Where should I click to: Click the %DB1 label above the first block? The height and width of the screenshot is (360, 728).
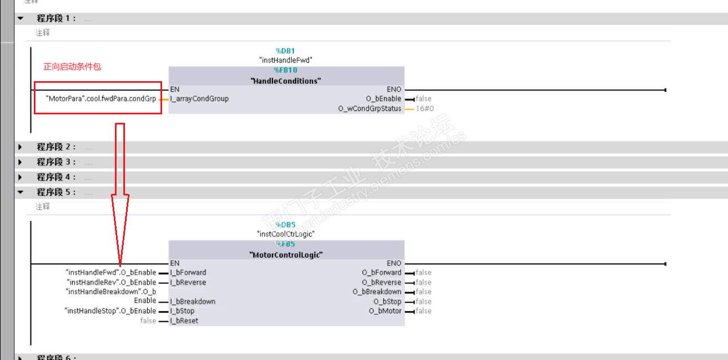point(285,51)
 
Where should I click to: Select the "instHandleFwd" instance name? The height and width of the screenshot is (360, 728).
point(285,60)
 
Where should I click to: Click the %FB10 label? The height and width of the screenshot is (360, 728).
point(285,70)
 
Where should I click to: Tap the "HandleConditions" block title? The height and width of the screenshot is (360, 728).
point(285,81)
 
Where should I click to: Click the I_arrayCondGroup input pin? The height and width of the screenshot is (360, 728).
point(199,99)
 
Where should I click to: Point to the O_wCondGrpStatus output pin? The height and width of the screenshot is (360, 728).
point(370,109)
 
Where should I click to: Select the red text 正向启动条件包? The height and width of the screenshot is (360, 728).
point(73,66)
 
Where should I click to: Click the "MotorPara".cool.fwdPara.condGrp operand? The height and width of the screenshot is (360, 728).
point(101,99)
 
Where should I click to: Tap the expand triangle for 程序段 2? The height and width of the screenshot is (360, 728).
point(21,147)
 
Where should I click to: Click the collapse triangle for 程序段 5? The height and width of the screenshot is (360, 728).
point(21,192)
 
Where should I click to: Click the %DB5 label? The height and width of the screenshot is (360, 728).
point(285,225)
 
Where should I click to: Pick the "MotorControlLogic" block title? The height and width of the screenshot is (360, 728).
point(285,255)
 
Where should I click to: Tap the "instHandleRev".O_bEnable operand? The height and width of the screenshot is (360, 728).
point(111,282)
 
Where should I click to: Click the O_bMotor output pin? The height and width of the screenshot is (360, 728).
point(385,311)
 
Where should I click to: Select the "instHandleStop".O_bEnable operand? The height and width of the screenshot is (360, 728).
point(110,311)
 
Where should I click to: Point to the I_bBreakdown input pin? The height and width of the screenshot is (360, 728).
point(193,301)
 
